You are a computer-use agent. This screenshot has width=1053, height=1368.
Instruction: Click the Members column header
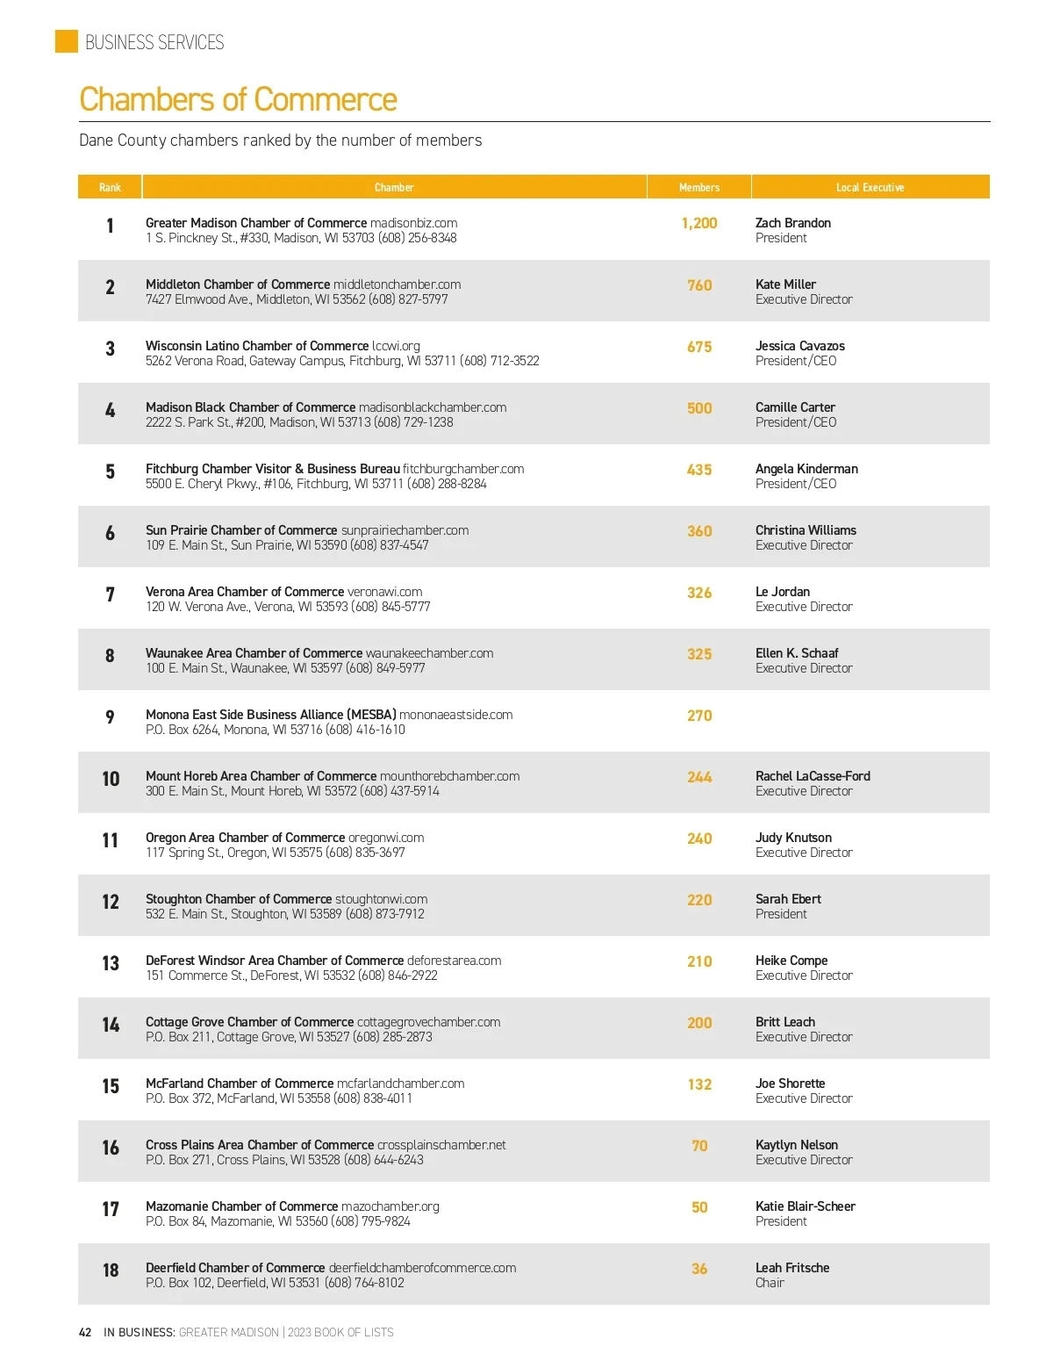698,187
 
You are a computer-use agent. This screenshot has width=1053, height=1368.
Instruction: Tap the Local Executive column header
870,187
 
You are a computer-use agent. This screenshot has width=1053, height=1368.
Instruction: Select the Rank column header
110,187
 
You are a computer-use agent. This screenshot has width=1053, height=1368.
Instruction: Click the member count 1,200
699,223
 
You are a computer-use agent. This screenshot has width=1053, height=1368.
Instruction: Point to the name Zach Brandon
792,223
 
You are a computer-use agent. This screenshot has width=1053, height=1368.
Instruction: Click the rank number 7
110,594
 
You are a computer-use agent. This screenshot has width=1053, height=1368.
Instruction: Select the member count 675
699,347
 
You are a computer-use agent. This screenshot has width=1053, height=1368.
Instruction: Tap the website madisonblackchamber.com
433,407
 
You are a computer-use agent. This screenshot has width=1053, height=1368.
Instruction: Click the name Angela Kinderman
806,469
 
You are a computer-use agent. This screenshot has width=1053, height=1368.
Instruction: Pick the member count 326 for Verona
699,593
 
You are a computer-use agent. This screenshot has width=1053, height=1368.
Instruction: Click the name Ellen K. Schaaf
797,653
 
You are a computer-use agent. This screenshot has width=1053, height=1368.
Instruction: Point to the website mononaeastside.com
455,715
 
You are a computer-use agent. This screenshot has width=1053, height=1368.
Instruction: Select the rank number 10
111,779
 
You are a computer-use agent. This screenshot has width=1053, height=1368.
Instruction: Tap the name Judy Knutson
793,838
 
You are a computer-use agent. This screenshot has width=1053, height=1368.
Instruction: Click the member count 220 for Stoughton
699,900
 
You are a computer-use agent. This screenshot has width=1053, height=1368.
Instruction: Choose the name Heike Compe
792,961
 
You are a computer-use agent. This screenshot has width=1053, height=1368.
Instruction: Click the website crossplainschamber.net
441,1145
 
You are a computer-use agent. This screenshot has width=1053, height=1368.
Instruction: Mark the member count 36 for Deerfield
699,1269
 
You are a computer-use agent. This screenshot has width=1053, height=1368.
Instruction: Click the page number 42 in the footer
85,1332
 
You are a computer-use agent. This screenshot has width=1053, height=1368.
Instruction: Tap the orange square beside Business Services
67,41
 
